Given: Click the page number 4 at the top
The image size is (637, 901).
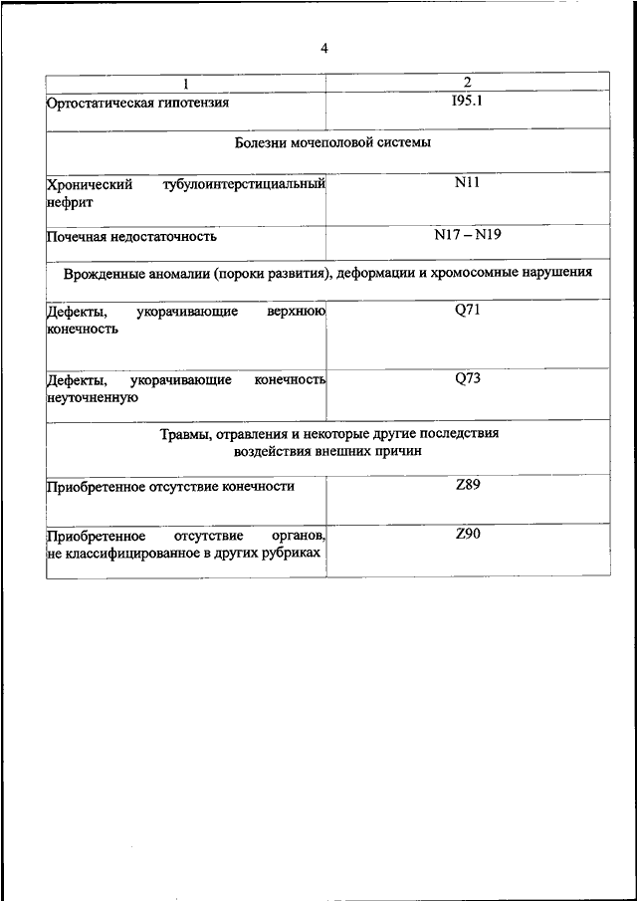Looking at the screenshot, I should [324, 48].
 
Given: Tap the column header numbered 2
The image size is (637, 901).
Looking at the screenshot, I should [467, 82].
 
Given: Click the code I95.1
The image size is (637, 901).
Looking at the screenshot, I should [467, 100].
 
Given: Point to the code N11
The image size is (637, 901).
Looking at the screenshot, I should [467, 183].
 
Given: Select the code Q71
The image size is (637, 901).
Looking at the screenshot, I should [468, 311].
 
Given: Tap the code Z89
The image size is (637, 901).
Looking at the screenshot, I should [468, 485].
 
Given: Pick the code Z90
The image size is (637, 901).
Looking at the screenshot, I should [468, 535].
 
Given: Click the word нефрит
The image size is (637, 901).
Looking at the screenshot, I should [69, 201].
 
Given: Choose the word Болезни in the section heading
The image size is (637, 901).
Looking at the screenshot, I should [261, 143].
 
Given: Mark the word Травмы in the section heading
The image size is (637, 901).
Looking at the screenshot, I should [183, 434].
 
